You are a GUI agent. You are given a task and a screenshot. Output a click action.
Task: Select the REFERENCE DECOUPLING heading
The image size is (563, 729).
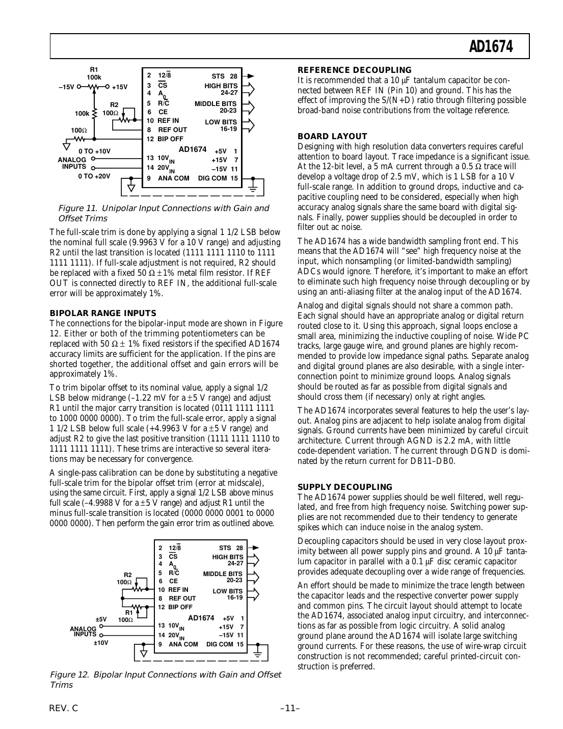[354, 70]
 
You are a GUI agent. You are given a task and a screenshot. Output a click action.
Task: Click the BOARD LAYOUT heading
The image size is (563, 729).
[332, 136]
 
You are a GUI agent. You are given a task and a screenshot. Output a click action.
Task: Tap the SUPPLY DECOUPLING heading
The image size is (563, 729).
[345, 487]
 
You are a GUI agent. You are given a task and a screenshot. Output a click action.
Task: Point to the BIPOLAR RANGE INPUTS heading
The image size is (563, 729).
[102, 313]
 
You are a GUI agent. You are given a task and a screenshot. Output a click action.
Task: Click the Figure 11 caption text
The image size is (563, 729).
[163, 213]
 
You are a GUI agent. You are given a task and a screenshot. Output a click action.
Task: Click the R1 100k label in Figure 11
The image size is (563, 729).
[94, 73]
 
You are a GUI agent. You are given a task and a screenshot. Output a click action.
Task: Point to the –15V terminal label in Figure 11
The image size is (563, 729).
[67, 87]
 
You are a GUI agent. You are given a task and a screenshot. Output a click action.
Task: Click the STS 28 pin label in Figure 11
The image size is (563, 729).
[224, 76]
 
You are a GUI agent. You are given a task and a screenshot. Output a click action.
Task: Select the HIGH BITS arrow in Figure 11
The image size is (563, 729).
[249, 89]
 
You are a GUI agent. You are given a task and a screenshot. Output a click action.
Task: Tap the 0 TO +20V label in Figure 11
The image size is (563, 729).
[94, 176]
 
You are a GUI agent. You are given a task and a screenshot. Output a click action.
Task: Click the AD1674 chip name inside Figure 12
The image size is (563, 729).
[201, 618]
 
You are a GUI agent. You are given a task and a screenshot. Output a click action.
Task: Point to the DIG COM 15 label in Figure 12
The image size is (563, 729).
[225, 644]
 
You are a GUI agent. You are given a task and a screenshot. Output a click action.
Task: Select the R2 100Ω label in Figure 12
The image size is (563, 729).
[124, 578]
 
